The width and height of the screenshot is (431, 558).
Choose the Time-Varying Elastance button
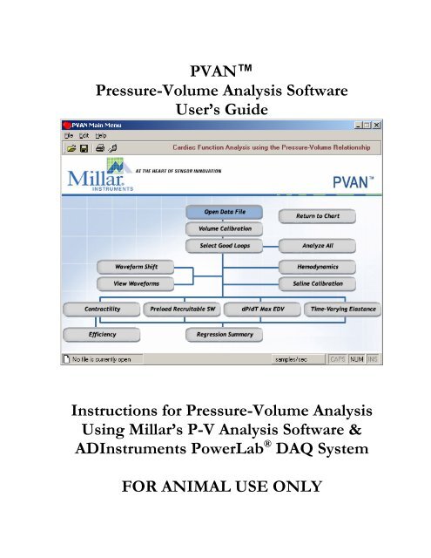(x=340, y=309)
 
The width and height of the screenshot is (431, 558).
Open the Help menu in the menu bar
(x=102, y=136)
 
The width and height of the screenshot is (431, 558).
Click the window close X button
(x=376, y=124)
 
